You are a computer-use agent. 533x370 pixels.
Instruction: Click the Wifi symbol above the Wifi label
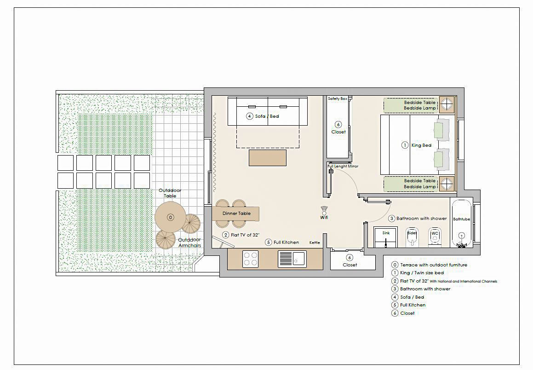324,209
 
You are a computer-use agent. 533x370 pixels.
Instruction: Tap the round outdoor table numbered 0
170,217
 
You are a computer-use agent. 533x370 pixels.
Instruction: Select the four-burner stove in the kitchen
251,259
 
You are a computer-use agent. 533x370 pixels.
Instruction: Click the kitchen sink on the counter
292,259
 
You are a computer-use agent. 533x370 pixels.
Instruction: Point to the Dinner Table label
236,214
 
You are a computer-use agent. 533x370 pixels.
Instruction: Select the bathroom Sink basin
386,237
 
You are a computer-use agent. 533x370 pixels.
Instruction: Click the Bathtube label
461,219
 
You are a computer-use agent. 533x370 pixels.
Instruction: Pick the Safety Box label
338,98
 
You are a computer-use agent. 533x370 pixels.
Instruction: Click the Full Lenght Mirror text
343,166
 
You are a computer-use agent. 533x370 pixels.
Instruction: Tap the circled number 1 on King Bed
405,145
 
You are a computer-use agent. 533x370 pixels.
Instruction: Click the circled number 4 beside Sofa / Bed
250,116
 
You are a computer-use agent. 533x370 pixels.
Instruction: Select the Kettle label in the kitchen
315,243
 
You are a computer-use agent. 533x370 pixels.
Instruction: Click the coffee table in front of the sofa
268,158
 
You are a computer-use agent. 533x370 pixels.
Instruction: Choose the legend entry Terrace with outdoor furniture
430,265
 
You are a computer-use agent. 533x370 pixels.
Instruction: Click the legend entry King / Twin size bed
418,273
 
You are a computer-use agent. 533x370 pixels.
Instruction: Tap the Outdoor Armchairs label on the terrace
189,243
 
